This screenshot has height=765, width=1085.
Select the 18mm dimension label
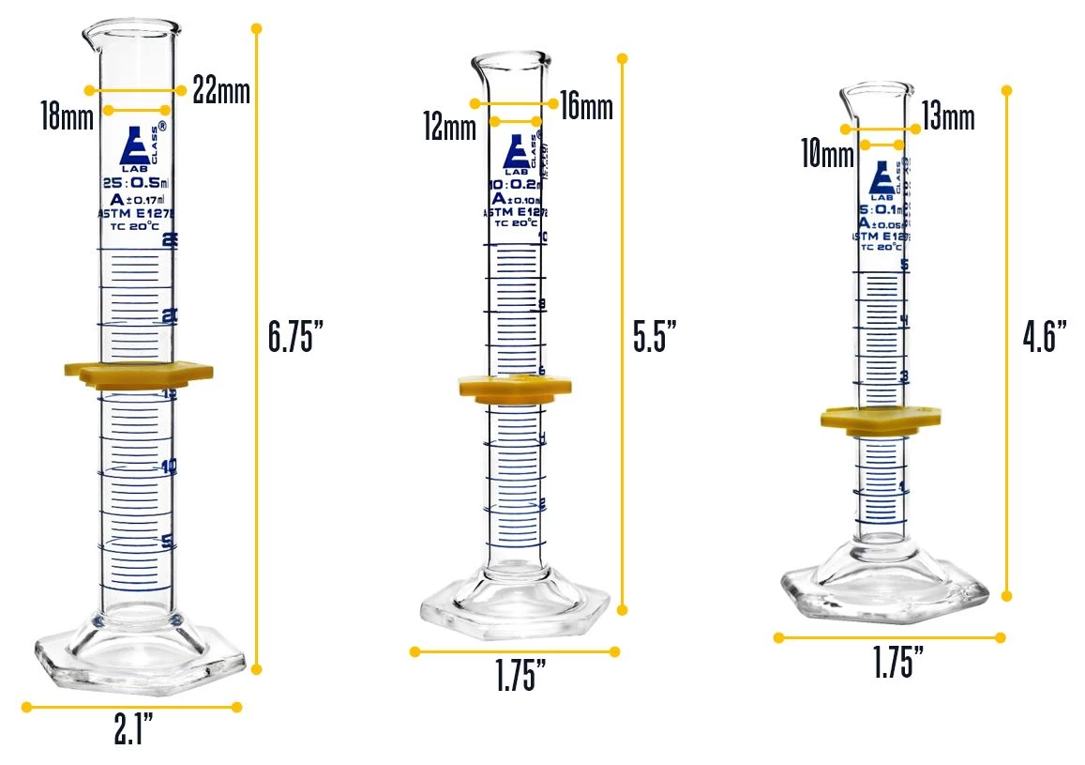pos(66,118)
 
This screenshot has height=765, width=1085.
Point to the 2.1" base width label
pos(133,730)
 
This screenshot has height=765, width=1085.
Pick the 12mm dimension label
pos(449,128)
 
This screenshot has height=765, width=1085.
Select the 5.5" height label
pos(655,335)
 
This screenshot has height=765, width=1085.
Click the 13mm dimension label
pos(948,118)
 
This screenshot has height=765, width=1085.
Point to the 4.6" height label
pos(1045,335)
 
